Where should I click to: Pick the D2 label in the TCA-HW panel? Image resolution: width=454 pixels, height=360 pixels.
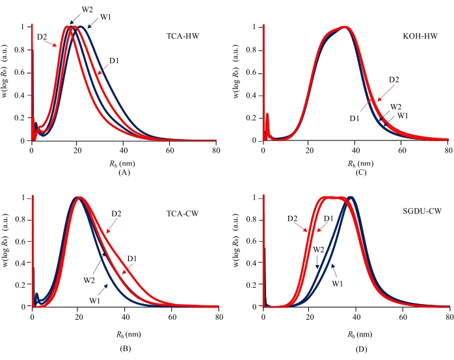pyautogui.click(x=44, y=36)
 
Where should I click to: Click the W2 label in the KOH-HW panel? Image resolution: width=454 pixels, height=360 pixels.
pyautogui.click(x=395, y=106)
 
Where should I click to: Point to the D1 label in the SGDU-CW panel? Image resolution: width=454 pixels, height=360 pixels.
pyautogui.click(x=329, y=218)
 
